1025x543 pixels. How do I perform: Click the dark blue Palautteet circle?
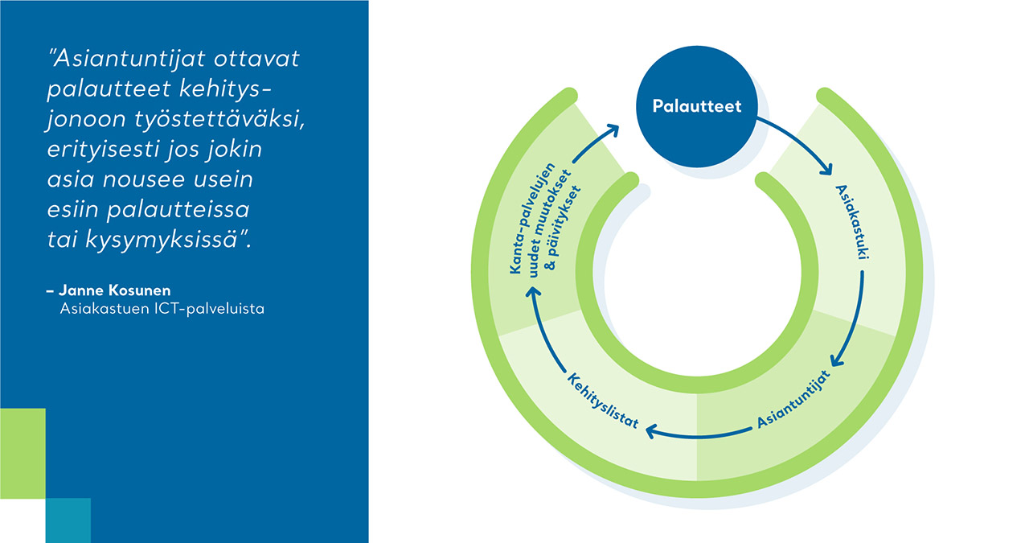pyautogui.click(x=696, y=107)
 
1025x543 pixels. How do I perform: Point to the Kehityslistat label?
pyautogui.click(x=604, y=400)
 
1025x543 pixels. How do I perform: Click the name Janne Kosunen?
pyautogui.click(x=109, y=290)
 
